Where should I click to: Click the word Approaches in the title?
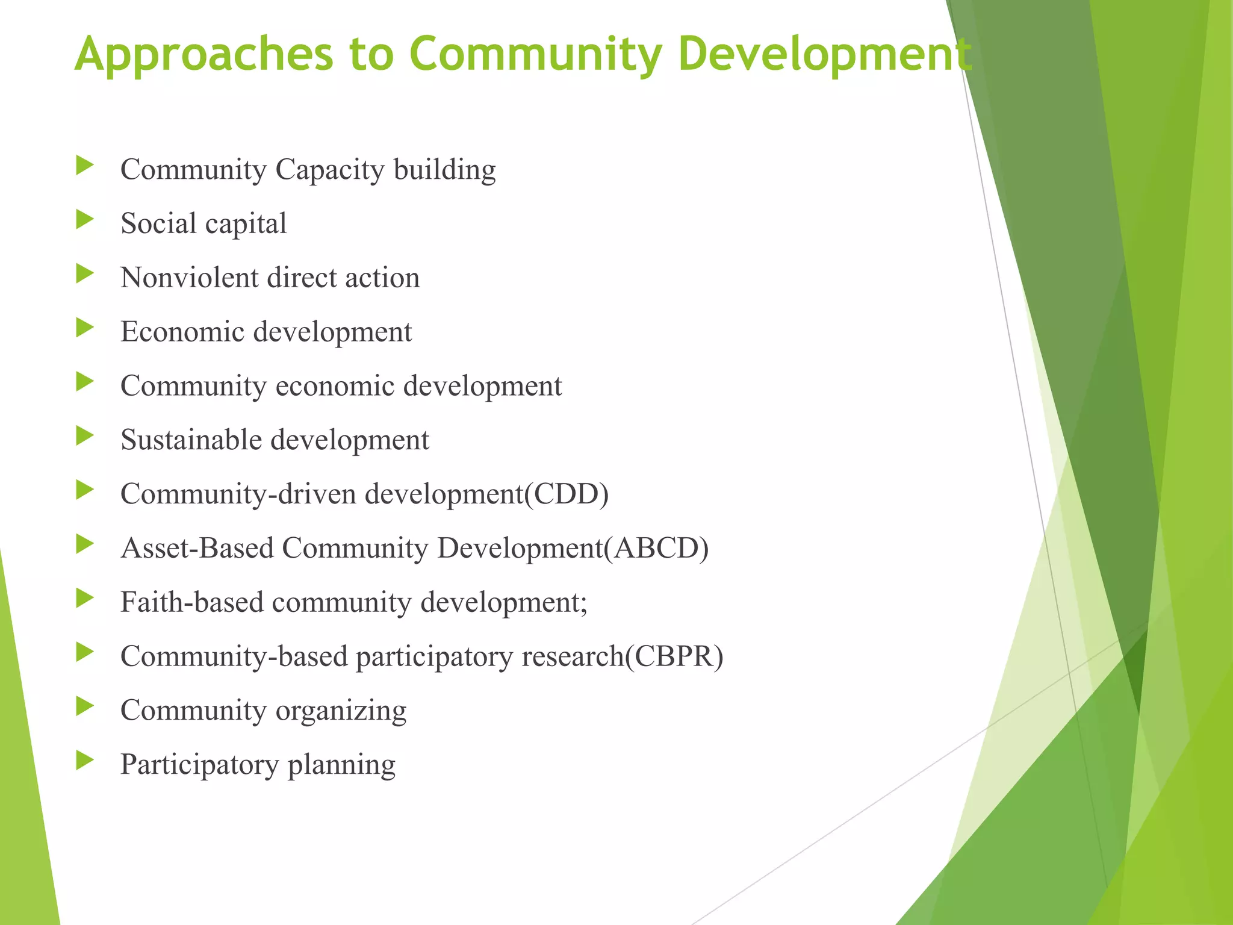[x=203, y=54]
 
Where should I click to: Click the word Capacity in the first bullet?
[x=329, y=170]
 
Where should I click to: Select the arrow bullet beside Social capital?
[x=85, y=220]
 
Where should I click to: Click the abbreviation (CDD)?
[x=567, y=494]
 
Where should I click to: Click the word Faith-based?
[x=191, y=602]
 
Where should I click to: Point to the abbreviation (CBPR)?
[x=674, y=656]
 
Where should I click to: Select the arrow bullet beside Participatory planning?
[x=85, y=761]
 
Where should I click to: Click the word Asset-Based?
[x=197, y=549]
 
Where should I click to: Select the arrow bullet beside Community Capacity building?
[x=85, y=166]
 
